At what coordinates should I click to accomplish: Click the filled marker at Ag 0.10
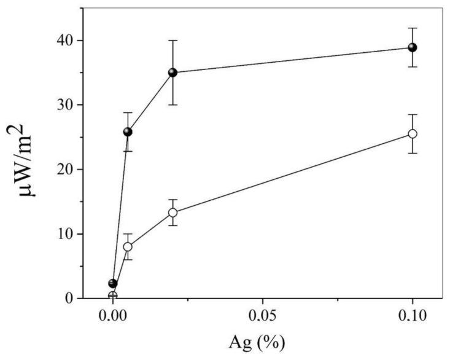tap(413, 47)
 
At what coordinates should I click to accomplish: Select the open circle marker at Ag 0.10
tap(413, 133)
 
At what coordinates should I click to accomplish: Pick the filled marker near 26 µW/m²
tap(128, 131)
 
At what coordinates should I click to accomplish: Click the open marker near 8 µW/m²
tap(128, 246)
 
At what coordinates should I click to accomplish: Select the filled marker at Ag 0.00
tap(113, 283)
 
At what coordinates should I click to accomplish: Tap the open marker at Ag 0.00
tap(113, 295)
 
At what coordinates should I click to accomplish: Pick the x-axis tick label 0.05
tap(263, 321)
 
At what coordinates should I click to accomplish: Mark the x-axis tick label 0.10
tap(413, 321)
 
